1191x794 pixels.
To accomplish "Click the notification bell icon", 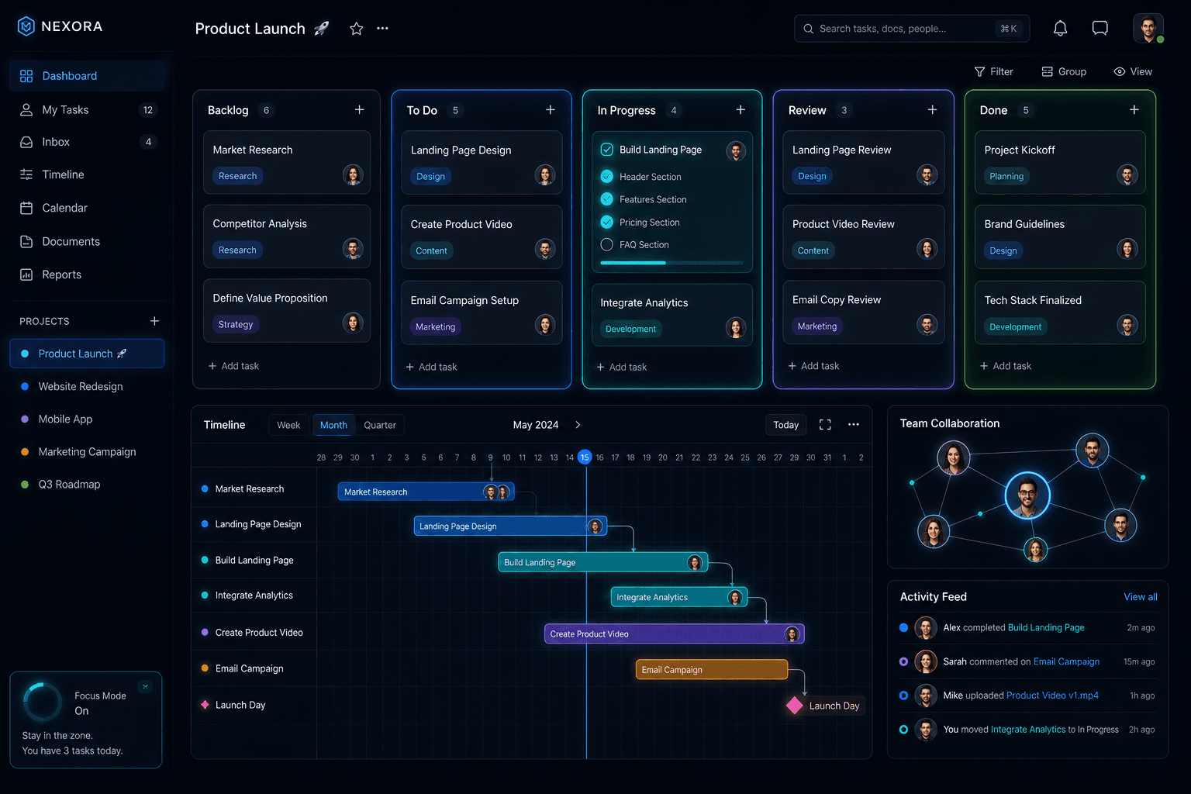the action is tap(1060, 28).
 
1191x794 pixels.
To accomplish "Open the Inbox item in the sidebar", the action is tap(55, 142).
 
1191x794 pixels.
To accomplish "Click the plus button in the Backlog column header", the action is tap(360, 109).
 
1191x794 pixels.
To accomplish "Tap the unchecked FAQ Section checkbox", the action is tap(606, 244).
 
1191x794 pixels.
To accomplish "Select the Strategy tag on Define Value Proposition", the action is tap(236, 324).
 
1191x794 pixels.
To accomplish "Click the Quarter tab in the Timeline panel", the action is tap(380, 425).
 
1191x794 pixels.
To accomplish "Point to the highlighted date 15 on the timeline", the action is tap(585, 457).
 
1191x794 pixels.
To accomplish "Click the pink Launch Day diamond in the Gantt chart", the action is tap(794, 705).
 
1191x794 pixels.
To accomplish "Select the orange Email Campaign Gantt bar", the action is tap(711, 670).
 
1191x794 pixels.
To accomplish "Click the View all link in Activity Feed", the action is tap(1140, 597).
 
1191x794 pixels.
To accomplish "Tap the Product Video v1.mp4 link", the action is tap(1052, 695).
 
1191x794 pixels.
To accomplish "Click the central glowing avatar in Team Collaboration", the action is tap(1027, 495).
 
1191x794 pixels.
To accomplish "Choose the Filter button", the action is tap(994, 72).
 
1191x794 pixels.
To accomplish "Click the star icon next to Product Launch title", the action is tap(356, 29).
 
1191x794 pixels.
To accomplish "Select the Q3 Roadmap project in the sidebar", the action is tap(69, 485).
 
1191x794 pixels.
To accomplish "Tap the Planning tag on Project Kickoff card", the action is tap(1006, 176).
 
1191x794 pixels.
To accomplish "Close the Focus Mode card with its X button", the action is tap(145, 686).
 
